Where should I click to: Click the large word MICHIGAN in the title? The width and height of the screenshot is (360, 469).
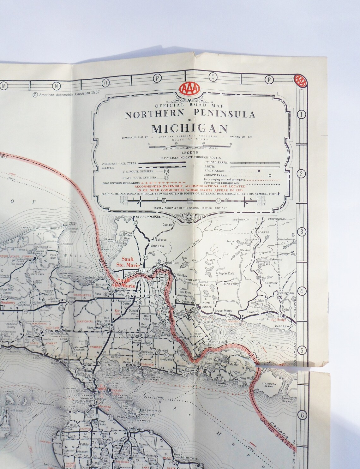[189, 129]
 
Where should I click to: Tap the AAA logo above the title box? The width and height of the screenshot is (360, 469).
[189, 89]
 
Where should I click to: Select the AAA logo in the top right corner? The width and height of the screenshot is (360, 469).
[300, 81]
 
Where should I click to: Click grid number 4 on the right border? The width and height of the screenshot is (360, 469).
[301, 291]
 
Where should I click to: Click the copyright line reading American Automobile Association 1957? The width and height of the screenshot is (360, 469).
[63, 94]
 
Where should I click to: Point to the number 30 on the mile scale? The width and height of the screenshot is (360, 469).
[230, 144]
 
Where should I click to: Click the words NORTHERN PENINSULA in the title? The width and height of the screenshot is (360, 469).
[190, 114]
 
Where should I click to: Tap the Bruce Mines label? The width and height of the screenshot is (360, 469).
[223, 311]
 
